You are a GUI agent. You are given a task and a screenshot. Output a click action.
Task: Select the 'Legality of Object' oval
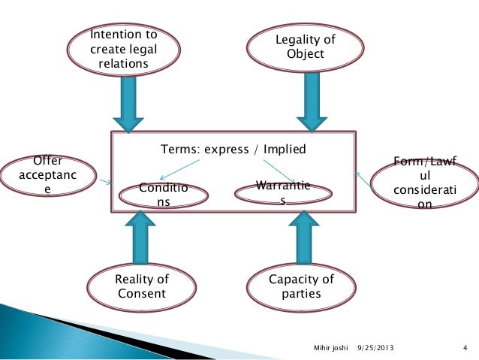[306, 47]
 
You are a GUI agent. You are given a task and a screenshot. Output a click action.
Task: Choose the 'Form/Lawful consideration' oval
[424, 182]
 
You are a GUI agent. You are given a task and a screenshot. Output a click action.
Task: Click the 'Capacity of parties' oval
[300, 286]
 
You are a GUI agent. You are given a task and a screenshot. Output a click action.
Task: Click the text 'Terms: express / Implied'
[233, 149]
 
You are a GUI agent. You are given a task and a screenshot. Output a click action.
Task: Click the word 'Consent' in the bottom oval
[142, 293]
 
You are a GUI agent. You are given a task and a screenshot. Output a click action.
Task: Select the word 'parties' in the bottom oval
[300, 293]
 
